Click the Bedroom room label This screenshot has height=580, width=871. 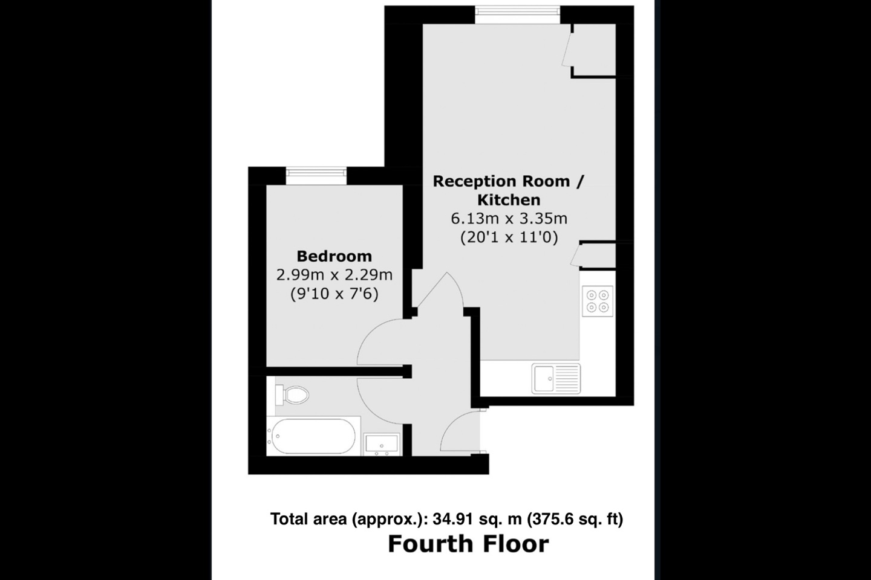334,256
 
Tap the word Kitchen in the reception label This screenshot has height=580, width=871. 509,200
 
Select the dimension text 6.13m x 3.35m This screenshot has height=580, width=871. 509,219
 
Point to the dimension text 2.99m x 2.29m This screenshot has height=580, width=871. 334,275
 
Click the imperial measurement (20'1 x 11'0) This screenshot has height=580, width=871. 509,237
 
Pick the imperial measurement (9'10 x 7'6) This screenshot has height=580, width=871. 334,294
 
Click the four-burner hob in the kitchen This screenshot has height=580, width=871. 597,301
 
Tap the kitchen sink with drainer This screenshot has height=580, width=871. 556,378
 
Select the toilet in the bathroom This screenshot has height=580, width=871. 292,395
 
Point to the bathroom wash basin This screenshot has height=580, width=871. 382,445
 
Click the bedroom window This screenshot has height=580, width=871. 316,176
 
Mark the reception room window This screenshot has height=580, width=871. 517,14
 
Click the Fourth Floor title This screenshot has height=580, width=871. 468,544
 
